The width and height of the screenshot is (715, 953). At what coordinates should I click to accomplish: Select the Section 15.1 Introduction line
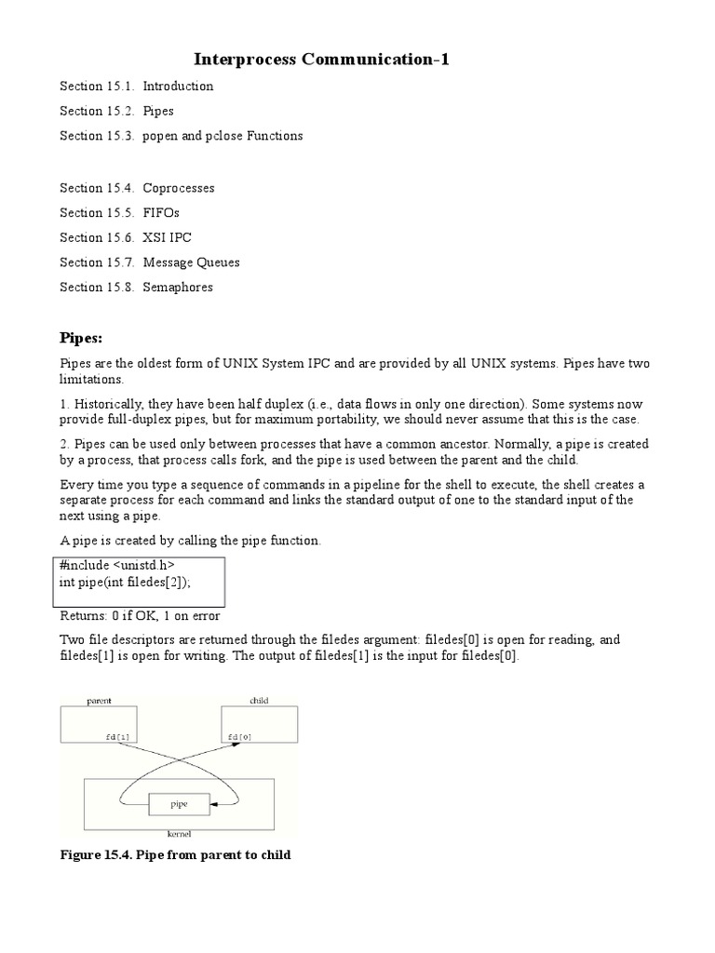[137, 86]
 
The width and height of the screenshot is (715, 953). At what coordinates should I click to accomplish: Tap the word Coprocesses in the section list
[179, 188]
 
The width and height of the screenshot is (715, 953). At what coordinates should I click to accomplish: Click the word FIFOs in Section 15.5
[161, 212]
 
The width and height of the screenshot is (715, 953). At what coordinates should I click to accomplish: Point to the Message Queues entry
[191, 262]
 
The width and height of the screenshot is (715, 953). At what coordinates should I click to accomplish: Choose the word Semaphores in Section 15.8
[178, 287]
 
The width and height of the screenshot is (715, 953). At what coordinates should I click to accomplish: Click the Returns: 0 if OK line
[141, 615]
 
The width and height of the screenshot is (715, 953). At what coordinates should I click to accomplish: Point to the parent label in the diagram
[100, 700]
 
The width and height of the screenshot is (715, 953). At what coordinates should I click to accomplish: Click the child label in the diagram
[259, 700]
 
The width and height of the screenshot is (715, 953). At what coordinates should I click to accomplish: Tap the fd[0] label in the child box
[239, 736]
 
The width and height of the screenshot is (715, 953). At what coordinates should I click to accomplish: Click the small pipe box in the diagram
[180, 801]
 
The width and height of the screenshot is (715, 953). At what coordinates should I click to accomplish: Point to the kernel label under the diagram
[179, 834]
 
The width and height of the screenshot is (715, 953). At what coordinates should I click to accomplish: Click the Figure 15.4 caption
[176, 854]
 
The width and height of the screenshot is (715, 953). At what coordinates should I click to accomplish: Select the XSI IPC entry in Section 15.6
[168, 237]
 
